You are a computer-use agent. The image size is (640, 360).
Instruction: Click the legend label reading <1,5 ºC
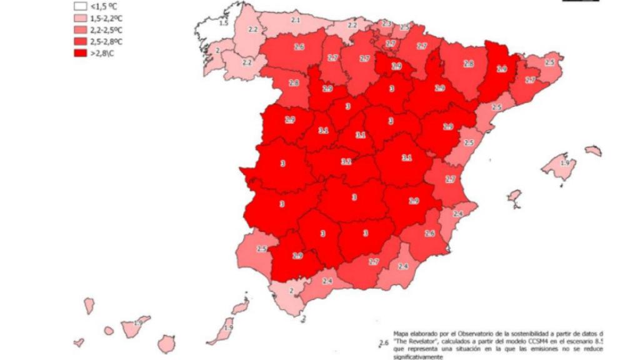[x=103, y=7]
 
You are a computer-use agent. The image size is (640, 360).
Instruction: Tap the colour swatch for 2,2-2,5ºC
[x=79, y=30]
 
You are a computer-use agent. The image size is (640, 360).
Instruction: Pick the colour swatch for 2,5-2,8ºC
[x=79, y=41]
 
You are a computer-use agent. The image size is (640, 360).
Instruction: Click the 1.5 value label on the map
[x=224, y=23]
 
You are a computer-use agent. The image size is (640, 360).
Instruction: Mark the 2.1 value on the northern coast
[x=295, y=21]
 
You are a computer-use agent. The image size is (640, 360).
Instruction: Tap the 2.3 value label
[x=386, y=24]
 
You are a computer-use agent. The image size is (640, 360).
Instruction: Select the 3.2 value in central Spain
[x=346, y=161]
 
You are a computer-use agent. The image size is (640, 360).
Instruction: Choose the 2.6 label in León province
[x=299, y=47]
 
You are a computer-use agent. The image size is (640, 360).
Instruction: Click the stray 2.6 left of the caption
[x=384, y=342]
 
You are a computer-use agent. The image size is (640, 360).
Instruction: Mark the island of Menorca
[x=593, y=151]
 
